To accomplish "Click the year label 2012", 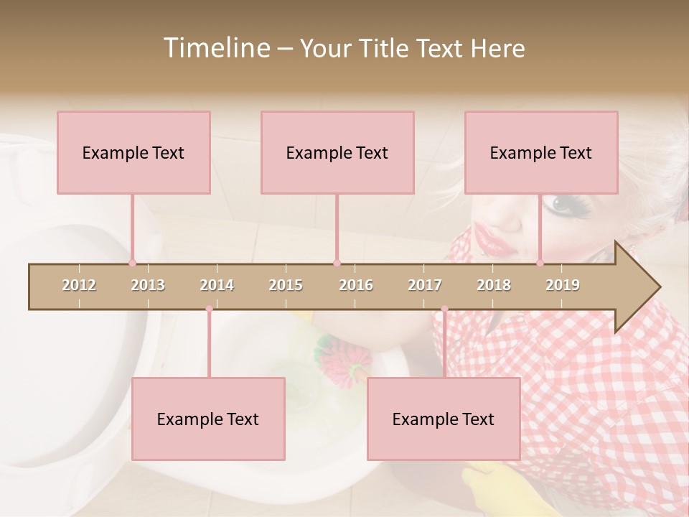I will (79, 285).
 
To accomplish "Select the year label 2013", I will (148, 285).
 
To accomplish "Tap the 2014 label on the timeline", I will (217, 285).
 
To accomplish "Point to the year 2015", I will (286, 285).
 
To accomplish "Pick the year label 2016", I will (356, 285).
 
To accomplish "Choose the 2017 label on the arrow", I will (425, 285).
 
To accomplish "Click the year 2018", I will (494, 285).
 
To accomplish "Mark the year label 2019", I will (563, 285).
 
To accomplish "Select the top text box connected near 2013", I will (133, 152).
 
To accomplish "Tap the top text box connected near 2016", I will (337, 152).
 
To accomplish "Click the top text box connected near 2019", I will (541, 152).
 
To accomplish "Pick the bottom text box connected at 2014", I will (208, 419).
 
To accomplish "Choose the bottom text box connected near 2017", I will (444, 419).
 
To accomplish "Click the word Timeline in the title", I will (215, 48).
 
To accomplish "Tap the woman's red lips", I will (495, 242).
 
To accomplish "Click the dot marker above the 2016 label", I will (337, 263).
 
